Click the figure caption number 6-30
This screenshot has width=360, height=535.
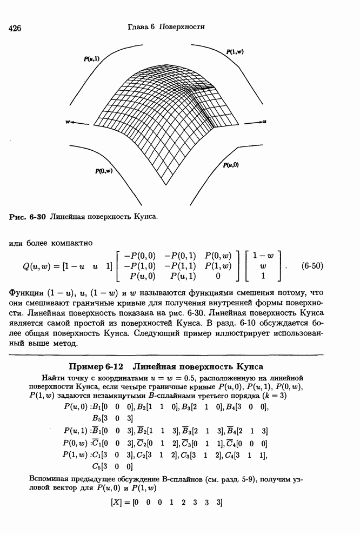point(37,217)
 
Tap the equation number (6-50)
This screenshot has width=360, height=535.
point(312,266)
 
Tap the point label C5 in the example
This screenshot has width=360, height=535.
point(97,465)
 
